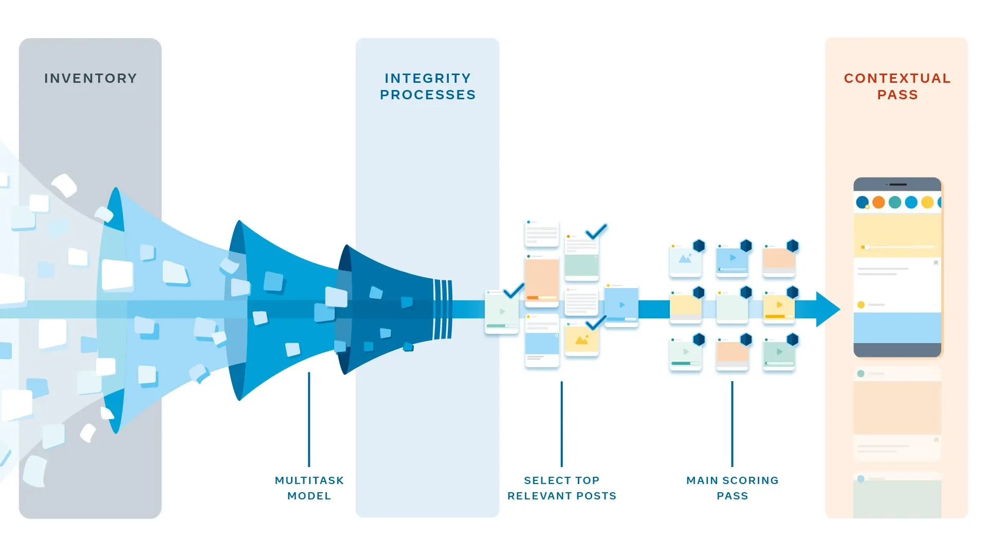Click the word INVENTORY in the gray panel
90,78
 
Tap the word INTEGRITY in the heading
428,78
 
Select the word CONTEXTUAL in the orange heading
897,78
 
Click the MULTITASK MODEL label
309,488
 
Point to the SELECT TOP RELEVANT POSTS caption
561,488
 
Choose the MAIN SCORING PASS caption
732,488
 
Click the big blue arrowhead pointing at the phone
827,309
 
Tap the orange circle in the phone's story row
879,202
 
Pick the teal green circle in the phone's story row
895,202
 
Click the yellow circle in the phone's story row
927,202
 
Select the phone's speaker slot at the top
898,184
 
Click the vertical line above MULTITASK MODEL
309,419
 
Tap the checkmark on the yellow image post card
596,323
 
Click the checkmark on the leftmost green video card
514,291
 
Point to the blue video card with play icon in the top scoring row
732,260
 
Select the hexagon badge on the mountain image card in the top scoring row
699,246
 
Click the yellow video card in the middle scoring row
779,307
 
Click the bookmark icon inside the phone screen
936,263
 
